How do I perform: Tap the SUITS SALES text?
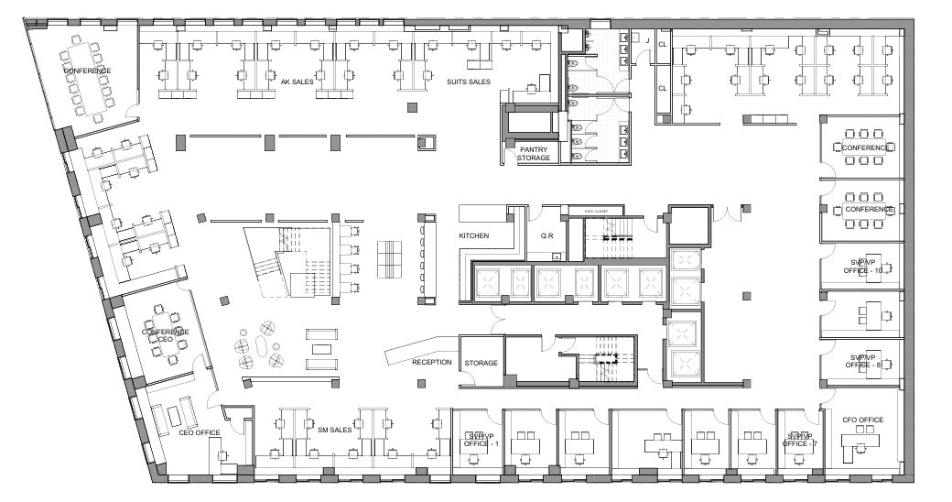click(x=468, y=82)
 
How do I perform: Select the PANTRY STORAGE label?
click(x=534, y=153)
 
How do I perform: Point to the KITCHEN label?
click(x=474, y=235)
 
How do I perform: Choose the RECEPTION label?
click(x=431, y=362)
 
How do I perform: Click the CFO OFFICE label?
click(x=862, y=420)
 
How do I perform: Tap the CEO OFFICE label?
click(x=200, y=432)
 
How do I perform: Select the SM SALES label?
click(x=335, y=429)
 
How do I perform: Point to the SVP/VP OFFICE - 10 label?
click(x=865, y=267)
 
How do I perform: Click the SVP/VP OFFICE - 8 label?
click(x=863, y=360)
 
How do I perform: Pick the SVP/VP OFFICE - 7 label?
click(x=800, y=440)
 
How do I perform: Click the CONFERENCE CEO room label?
click(x=166, y=335)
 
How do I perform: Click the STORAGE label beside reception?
click(x=481, y=363)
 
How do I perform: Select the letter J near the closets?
click(x=647, y=41)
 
